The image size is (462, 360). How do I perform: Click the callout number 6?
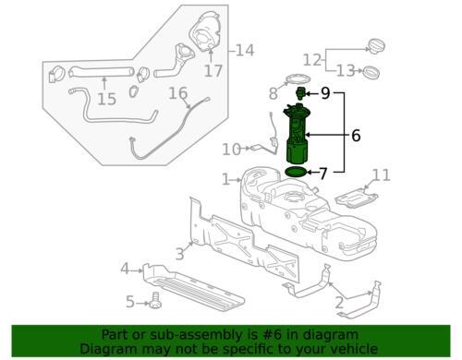(356, 135)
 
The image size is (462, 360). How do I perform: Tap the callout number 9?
(325, 93)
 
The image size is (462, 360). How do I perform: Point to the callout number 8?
(274, 93)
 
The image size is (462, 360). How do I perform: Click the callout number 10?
(231, 148)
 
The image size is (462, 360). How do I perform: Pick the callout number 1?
(225, 178)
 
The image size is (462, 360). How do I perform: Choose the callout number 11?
(382, 174)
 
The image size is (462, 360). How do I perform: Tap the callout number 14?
(244, 50)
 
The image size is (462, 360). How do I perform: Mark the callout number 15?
(106, 97)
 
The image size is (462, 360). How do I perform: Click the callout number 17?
(213, 70)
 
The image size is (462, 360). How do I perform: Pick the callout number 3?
(180, 250)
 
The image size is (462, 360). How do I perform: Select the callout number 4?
(124, 269)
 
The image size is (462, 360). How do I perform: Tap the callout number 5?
(131, 301)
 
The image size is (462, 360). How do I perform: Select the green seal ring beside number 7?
(297, 172)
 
